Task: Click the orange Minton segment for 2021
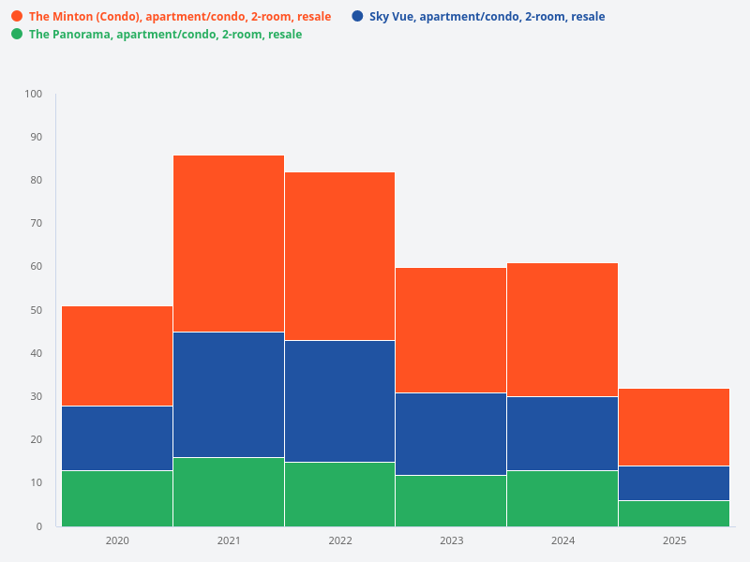pos(229,244)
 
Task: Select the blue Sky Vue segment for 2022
pos(339,401)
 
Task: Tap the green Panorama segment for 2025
pos(674,513)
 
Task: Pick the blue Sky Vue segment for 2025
pos(674,483)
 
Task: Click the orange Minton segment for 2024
pos(562,330)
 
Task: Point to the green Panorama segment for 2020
pos(117,498)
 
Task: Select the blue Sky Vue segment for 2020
pos(117,438)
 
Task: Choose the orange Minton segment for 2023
pos(451,331)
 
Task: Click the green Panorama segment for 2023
pos(451,501)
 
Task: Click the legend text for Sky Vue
pos(487,17)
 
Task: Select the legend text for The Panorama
pos(165,35)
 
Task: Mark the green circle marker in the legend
pos(17,34)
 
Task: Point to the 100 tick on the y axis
pos(34,94)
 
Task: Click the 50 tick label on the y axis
pos(36,310)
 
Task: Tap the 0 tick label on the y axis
pos(38,526)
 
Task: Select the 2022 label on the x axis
pos(339,540)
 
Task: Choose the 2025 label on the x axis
pos(674,540)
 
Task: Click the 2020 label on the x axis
pos(117,540)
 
